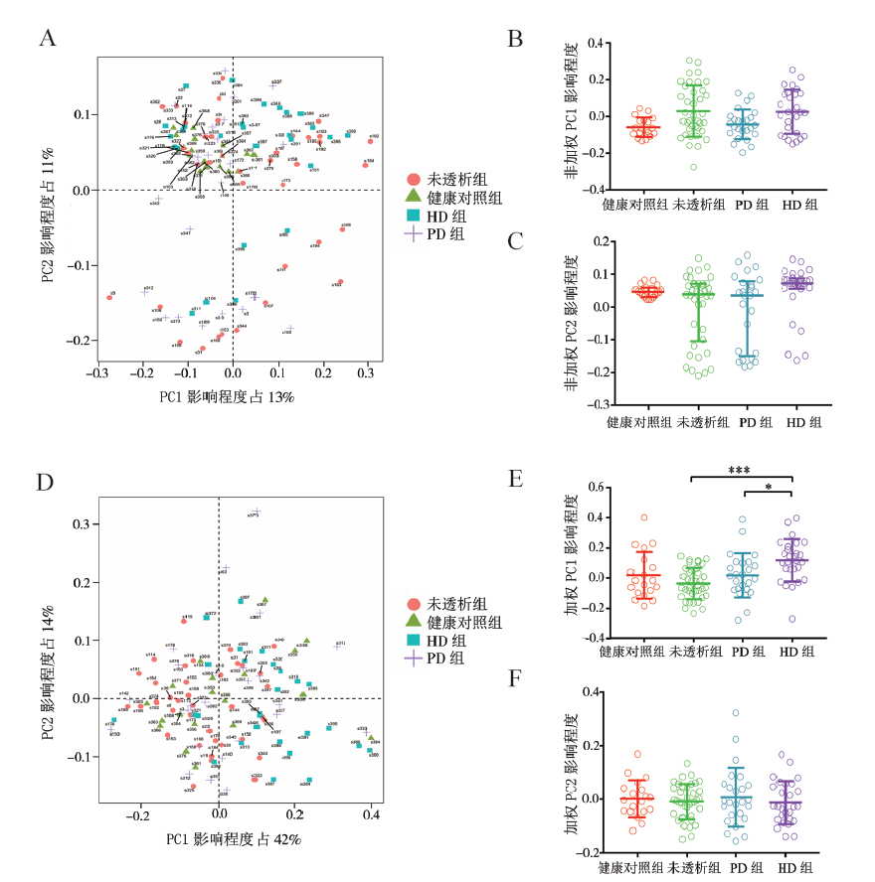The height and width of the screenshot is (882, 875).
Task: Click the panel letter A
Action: point(46,39)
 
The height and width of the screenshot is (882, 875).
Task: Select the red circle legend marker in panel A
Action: point(413,180)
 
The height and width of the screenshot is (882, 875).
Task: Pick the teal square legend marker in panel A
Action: point(413,216)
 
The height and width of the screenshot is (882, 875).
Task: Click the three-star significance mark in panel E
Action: point(740,468)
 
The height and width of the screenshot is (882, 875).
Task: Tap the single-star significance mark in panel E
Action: point(768,486)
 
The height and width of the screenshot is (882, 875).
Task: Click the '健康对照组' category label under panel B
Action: point(633,205)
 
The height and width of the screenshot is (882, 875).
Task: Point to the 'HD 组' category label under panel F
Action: point(797,867)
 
